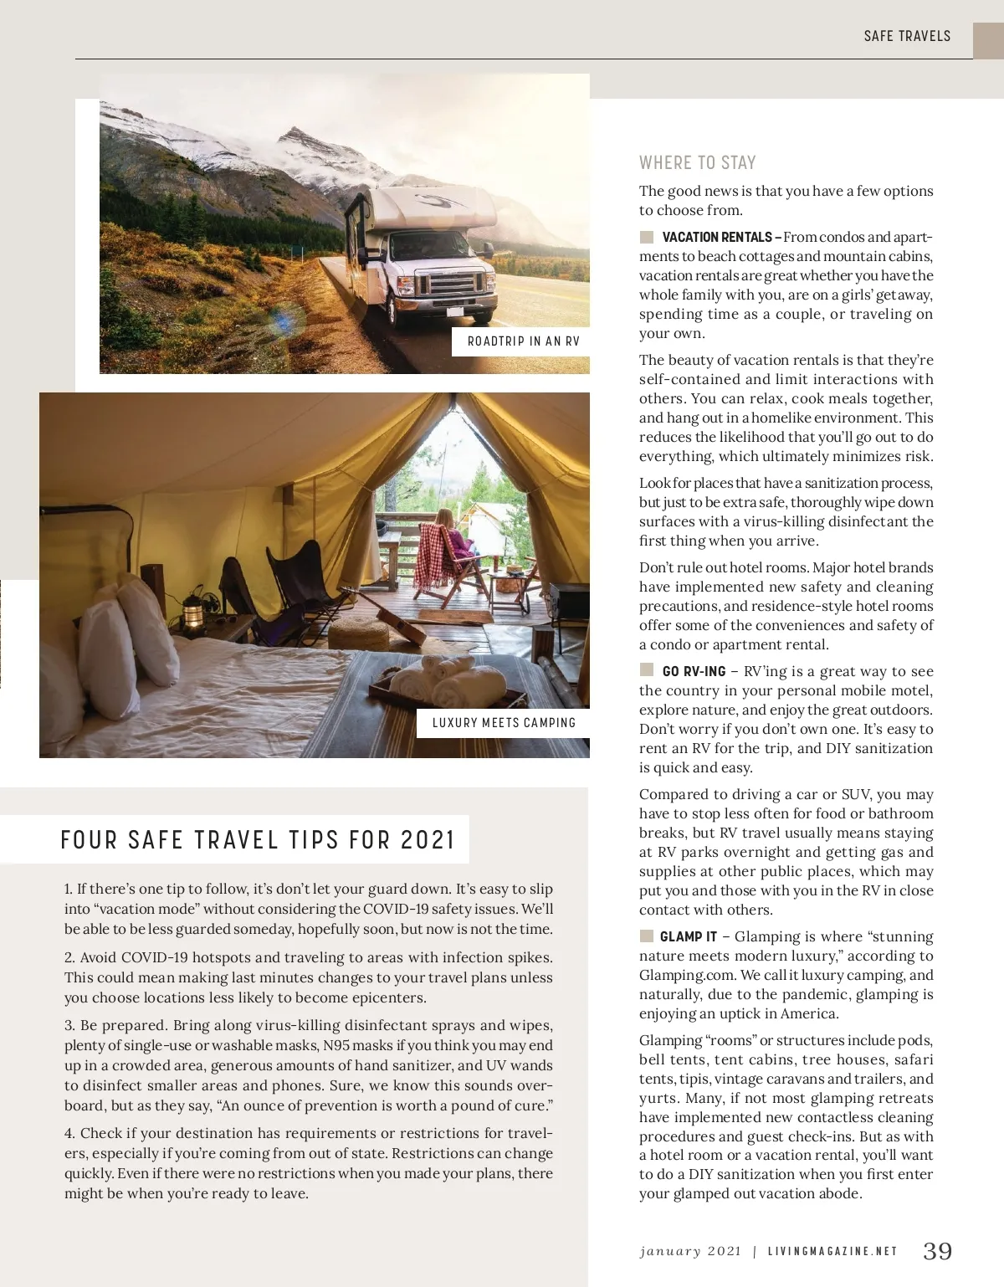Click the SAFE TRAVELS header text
tap(907, 36)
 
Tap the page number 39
tap(937, 1251)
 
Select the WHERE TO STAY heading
tap(697, 162)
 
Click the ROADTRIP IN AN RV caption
tap(523, 341)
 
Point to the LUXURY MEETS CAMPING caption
tap(504, 723)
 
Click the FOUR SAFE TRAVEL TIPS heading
tap(258, 839)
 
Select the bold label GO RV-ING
tap(694, 672)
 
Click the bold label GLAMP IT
tap(688, 937)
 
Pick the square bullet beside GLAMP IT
tap(646, 936)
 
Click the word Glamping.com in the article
tap(680, 975)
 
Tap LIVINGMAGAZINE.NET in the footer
tap(832, 1252)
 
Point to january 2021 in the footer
tap(690, 1252)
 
